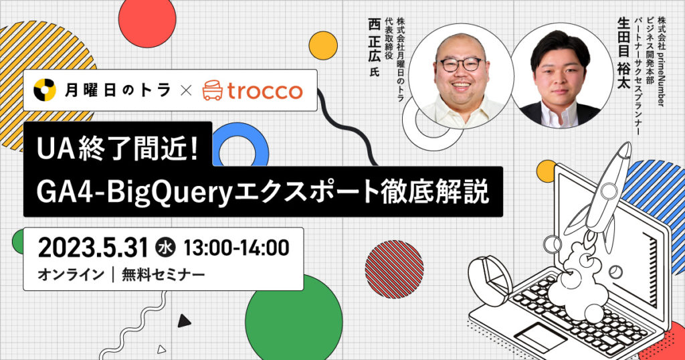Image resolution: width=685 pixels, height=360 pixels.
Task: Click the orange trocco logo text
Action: click(265, 91)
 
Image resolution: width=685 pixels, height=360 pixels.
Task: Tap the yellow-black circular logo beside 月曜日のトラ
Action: click(45, 90)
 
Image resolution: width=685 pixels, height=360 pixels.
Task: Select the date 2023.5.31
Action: click(93, 248)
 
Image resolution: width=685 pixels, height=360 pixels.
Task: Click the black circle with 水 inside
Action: click(165, 248)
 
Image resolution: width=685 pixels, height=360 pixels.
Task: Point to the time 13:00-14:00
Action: click(236, 248)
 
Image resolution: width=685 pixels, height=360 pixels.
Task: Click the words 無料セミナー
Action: click(163, 275)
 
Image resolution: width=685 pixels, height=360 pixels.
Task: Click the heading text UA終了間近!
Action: click(118, 149)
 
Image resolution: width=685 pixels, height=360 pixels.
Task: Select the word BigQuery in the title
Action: click(168, 193)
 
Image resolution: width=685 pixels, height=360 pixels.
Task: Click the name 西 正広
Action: click(375, 39)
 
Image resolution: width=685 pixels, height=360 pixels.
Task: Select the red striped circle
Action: click(394, 270)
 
